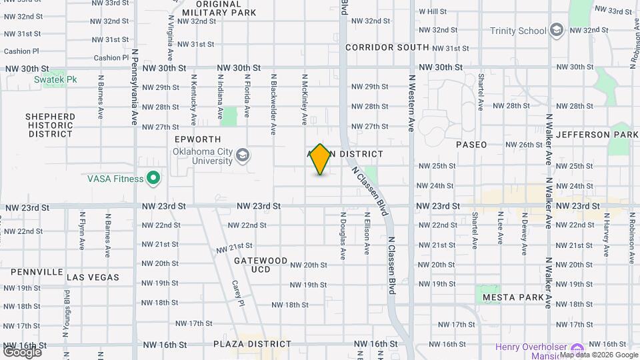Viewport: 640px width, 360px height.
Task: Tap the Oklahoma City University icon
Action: click(x=243, y=155)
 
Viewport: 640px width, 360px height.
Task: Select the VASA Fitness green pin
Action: click(x=153, y=178)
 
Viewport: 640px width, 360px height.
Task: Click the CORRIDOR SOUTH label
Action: click(x=387, y=47)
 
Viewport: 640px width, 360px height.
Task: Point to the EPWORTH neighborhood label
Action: click(x=197, y=139)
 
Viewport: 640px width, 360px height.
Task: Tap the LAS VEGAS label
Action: click(x=93, y=277)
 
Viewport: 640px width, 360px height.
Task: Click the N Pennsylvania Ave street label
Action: click(x=134, y=87)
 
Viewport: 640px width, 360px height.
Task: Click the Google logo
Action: click(x=22, y=351)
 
